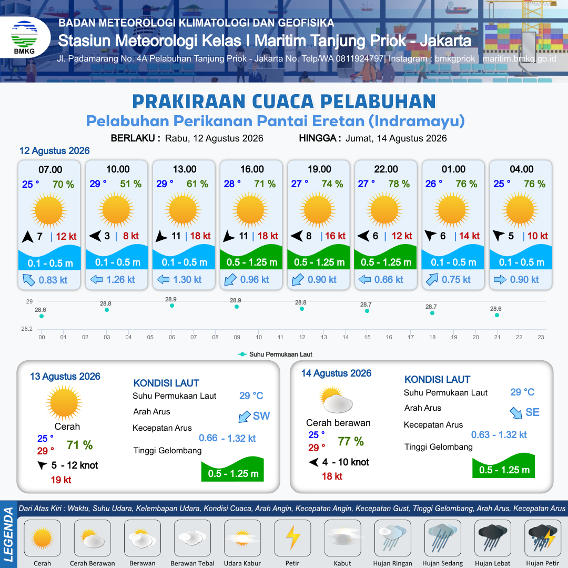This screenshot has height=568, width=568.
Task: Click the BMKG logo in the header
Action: (x=24, y=37)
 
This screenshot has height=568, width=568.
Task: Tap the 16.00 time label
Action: (x=252, y=169)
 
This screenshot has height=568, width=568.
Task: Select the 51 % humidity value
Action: (x=131, y=184)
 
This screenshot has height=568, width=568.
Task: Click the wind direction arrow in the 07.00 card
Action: (x=27, y=237)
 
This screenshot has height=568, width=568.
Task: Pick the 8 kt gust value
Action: (x=131, y=236)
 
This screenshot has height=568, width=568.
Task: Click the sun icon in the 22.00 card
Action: (x=384, y=210)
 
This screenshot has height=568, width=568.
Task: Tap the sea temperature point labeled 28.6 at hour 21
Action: (x=497, y=315)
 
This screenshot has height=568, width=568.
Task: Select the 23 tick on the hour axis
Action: (x=541, y=337)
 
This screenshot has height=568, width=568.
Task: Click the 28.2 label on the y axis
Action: (x=27, y=329)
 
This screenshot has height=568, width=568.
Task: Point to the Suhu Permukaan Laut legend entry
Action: (x=275, y=354)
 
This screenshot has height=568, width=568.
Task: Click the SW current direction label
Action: (x=261, y=416)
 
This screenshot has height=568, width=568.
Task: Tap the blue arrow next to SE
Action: (x=516, y=413)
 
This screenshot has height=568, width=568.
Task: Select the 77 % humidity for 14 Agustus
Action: (x=351, y=441)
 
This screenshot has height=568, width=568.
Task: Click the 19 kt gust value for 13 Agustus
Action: (x=61, y=480)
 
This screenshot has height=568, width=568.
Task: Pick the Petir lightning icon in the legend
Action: (x=292, y=537)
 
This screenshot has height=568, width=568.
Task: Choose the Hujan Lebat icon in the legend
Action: (x=493, y=537)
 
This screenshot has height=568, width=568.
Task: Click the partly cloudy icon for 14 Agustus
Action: (x=336, y=400)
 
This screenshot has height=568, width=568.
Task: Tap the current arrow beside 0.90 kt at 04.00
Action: (x=500, y=280)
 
